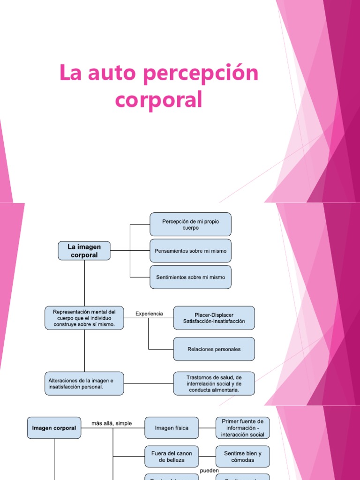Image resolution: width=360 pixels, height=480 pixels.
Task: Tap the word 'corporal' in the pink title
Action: tap(159, 99)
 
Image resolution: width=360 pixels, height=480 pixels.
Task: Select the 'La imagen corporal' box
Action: tap(84, 251)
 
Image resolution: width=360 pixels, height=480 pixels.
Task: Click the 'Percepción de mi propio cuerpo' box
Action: tap(190, 224)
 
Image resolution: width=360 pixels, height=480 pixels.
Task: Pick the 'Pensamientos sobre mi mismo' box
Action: tap(190, 251)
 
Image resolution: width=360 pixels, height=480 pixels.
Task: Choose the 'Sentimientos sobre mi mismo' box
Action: tap(190, 277)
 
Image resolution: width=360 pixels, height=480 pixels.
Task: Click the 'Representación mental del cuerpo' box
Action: tap(84, 318)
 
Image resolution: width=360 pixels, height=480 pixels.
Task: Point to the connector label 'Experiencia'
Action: tap(149, 314)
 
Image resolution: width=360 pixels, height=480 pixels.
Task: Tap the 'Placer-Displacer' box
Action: tap(214, 318)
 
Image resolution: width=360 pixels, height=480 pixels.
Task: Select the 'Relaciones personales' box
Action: tap(214, 349)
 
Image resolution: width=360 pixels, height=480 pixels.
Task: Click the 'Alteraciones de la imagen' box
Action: tap(84, 383)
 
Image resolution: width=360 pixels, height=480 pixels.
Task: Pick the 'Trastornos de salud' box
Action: tap(214, 383)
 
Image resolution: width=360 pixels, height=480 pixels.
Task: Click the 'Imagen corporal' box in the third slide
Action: tap(54, 428)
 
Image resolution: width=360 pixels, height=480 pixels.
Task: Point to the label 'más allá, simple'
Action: tap(112, 423)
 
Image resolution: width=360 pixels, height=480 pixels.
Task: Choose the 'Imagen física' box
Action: tap(172, 428)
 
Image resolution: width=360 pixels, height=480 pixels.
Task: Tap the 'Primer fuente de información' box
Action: tap(243, 428)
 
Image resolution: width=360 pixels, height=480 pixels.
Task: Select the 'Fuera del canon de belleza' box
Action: tap(172, 457)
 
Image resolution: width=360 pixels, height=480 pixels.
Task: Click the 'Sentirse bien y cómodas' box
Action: tap(243, 457)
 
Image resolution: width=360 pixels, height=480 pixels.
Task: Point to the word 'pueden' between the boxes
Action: tap(209, 470)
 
